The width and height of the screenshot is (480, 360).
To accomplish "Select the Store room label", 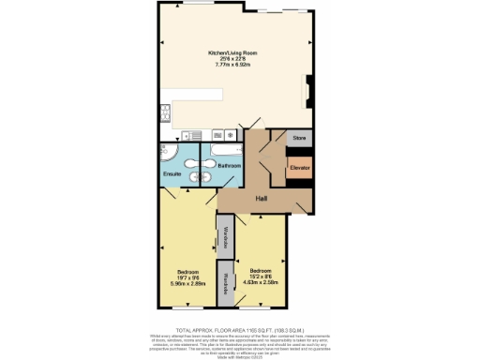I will [x=299, y=138].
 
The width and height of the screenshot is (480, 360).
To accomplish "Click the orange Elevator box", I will [x=299, y=167].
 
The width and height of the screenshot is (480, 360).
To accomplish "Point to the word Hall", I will [x=263, y=199].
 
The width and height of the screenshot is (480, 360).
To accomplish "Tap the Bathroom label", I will [x=230, y=166].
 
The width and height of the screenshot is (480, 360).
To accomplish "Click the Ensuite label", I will [x=172, y=174].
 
